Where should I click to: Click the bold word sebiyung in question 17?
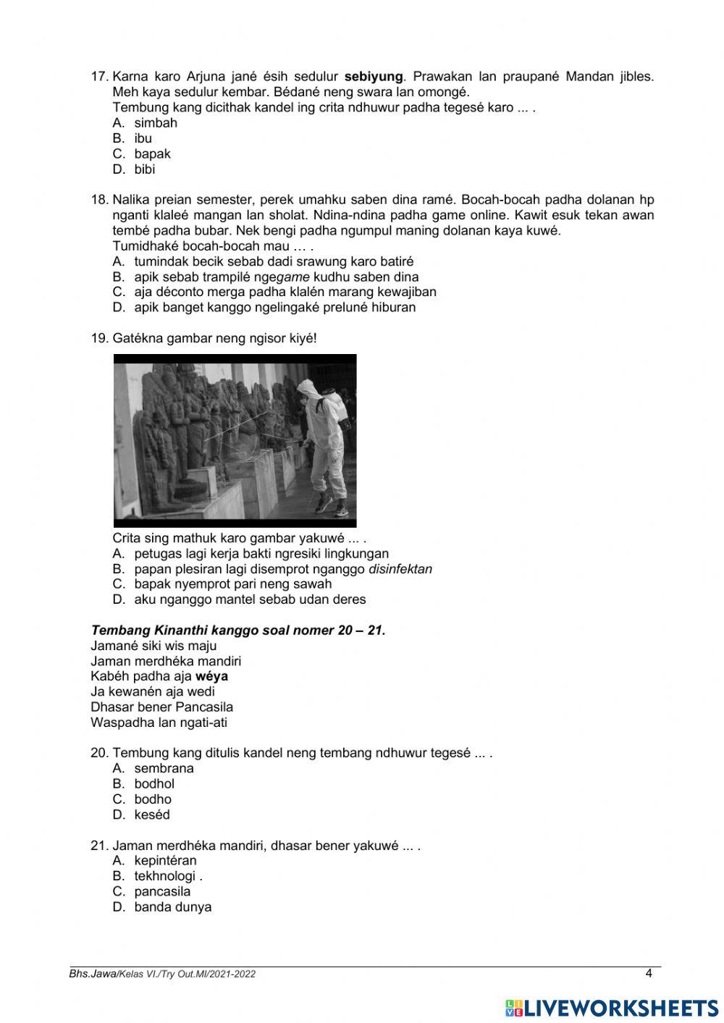click(x=373, y=77)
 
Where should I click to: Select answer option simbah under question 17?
click(x=155, y=123)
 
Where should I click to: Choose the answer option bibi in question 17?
click(x=144, y=169)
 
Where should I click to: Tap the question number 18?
click(x=99, y=200)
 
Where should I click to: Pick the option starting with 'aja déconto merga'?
click(x=285, y=292)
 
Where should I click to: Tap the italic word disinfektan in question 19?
click(x=400, y=569)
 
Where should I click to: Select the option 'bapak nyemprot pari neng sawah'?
click(x=232, y=584)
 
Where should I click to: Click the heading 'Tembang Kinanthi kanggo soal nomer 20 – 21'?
click(x=238, y=631)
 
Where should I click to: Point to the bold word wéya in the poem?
click(x=211, y=676)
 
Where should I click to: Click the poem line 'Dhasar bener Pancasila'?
click(x=161, y=707)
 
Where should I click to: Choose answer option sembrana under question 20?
click(x=164, y=769)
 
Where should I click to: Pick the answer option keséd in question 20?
click(x=151, y=815)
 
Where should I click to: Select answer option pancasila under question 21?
click(x=162, y=892)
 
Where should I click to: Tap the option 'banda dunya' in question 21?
click(x=172, y=907)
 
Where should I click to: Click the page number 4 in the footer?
click(x=649, y=974)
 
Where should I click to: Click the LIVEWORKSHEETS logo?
click(x=612, y=1008)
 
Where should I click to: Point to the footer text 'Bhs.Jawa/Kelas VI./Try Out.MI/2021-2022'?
click(x=162, y=974)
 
